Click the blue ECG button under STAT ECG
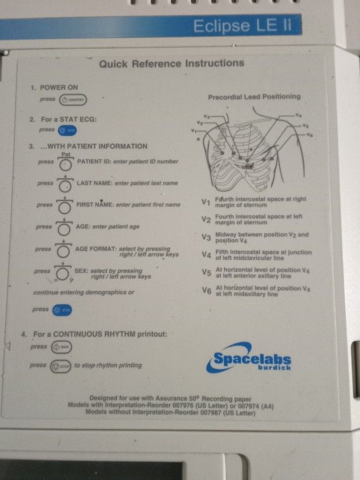[x=67, y=130]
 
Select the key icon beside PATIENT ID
[x=66, y=162]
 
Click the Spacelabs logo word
[x=252, y=358]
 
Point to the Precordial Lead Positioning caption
[x=254, y=96]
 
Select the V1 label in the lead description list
[x=206, y=202]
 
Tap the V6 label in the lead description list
[x=206, y=291]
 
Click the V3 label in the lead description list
[x=206, y=238]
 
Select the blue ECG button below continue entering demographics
[x=61, y=309]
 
